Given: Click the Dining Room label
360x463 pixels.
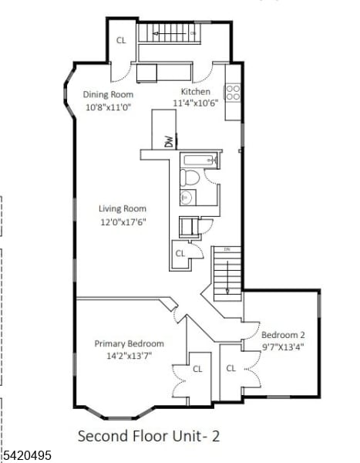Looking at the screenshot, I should pyautogui.click(x=107, y=95).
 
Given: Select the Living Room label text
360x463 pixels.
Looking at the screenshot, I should pyautogui.click(x=122, y=208).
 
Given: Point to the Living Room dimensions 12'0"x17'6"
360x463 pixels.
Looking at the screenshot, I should pyautogui.click(x=122, y=221).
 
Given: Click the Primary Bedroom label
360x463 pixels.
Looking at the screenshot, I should pyautogui.click(x=129, y=343).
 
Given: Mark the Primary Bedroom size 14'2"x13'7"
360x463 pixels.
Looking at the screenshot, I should pyautogui.click(x=129, y=356).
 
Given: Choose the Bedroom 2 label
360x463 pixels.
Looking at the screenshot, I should pyautogui.click(x=283, y=335).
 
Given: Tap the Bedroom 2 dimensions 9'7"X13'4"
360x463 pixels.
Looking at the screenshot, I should pyautogui.click(x=283, y=346).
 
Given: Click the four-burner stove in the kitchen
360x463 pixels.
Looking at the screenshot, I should pyautogui.click(x=233, y=93).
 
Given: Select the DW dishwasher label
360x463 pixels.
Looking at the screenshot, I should pyautogui.click(x=168, y=140).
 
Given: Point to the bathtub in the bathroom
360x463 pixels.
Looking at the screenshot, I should pyautogui.click(x=200, y=161).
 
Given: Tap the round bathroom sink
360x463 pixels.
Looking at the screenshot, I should pyautogui.click(x=186, y=198).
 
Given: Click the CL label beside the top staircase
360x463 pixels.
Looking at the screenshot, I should pyautogui.click(x=121, y=40).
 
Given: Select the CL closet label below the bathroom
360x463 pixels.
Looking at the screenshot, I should pyautogui.click(x=180, y=253).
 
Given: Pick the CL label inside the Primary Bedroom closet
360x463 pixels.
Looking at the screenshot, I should pyautogui.click(x=197, y=369).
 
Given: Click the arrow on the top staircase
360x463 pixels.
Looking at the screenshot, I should pyautogui.click(x=162, y=33).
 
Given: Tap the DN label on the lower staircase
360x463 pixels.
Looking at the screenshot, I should pyautogui.click(x=227, y=250).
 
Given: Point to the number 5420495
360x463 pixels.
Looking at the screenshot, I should pyautogui.click(x=26, y=456).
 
